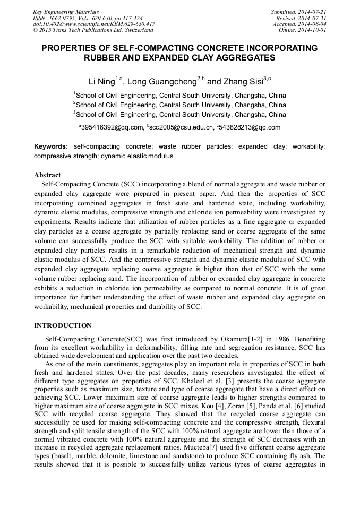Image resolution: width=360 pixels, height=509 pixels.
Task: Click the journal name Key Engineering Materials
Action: pos(66,11)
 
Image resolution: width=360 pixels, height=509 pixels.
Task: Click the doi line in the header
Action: pos(93,24)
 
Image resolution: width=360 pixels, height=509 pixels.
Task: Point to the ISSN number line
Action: pos(88,18)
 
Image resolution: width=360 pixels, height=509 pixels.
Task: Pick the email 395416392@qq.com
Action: pos(112,127)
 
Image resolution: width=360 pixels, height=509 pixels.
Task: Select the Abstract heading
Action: pos(47,175)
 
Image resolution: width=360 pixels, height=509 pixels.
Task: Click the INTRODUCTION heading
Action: pos(63,326)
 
